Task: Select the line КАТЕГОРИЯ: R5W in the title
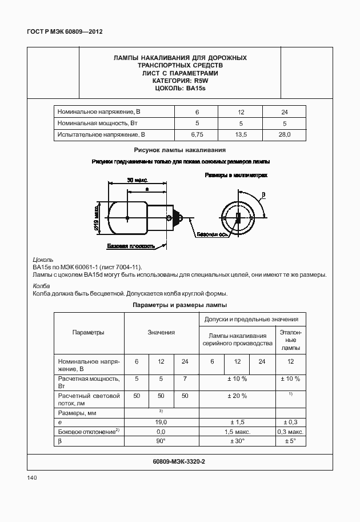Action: [x=180, y=81]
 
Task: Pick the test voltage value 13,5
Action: [x=241, y=135]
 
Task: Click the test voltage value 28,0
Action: [x=284, y=135]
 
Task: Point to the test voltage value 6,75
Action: [x=197, y=135]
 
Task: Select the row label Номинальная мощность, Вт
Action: [x=95, y=123]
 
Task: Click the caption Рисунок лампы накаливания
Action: [x=180, y=150]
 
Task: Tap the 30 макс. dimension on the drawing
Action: [x=137, y=180]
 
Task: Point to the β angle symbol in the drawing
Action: [x=263, y=196]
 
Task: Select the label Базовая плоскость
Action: [x=130, y=246]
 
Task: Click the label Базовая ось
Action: [x=213, y=235]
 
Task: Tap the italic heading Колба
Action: [x=41, y=286]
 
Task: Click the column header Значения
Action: [x=161, y=333]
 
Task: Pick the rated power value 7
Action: [x=185, y=379]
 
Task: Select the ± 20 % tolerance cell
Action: [x=237, y=396]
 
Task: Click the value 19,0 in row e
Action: [x=161, y=422]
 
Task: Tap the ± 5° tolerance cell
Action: [x=290, y=441]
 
